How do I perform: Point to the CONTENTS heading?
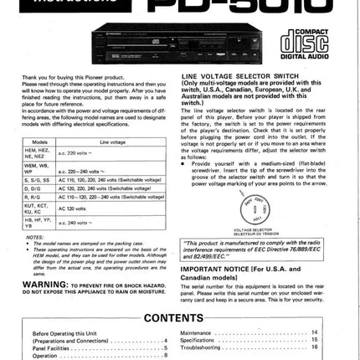(180, 318)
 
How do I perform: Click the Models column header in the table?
(38, 142)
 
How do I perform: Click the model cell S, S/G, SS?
(39, 180)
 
